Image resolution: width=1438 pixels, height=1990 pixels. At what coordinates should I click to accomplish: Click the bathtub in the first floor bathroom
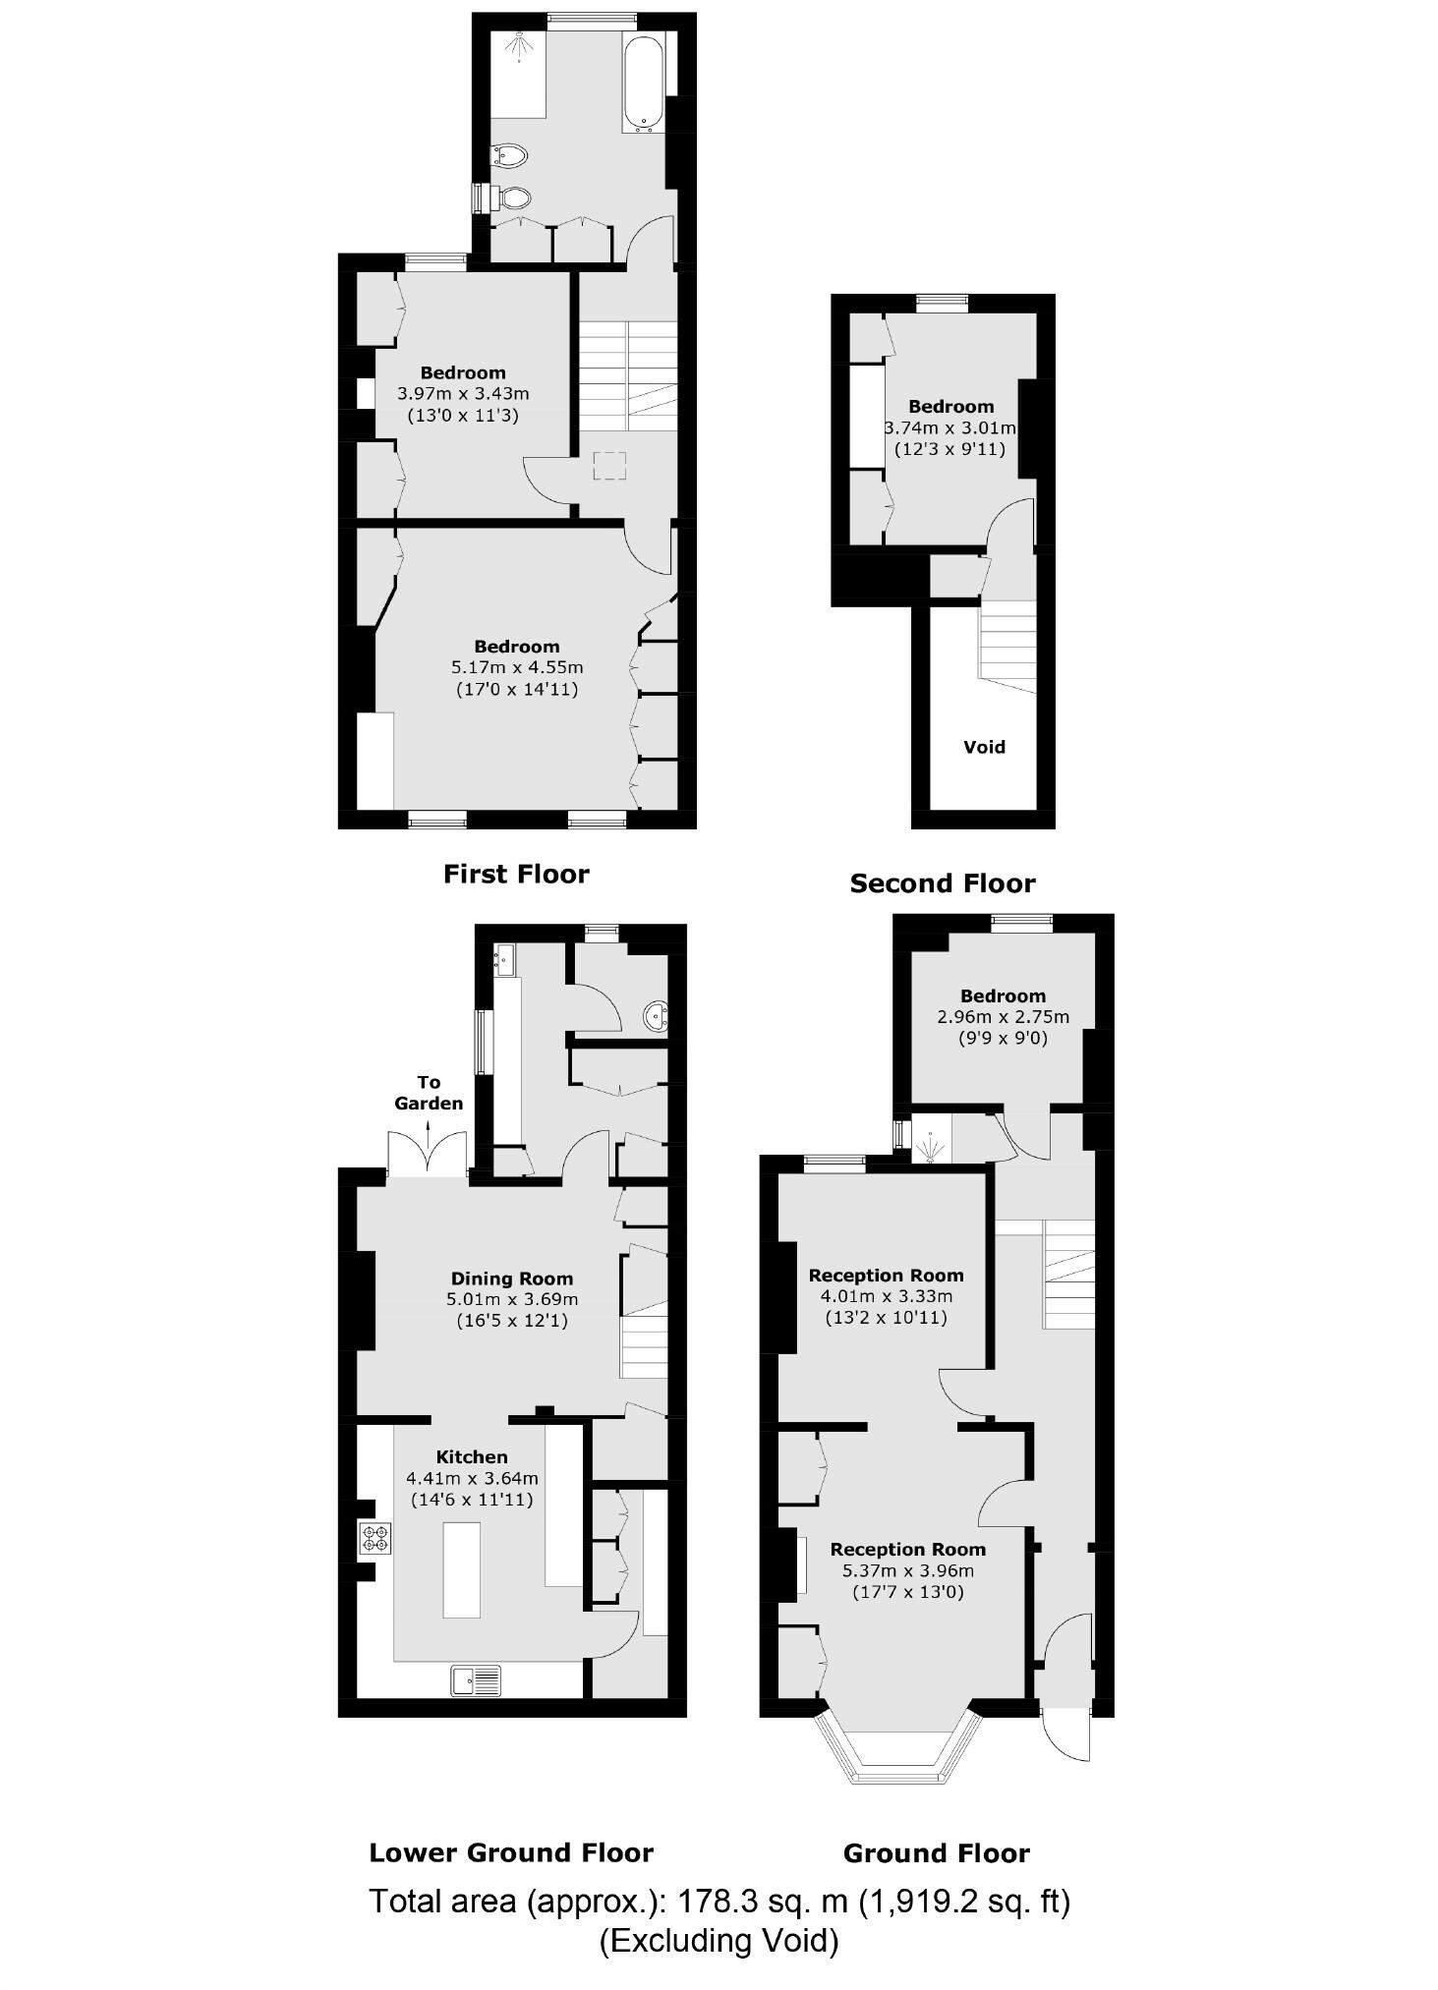pos(644,83)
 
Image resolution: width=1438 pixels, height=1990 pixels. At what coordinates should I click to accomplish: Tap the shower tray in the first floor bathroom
pos(518,75)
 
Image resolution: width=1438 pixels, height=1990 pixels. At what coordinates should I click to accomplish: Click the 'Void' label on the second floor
pos(984,747)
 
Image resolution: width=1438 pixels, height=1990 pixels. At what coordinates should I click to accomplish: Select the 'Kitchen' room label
pos(472,1457)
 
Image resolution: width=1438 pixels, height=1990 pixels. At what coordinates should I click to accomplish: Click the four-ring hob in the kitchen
pos(375,1537)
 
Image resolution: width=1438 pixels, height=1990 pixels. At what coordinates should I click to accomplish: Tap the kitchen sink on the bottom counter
pos(476,1679)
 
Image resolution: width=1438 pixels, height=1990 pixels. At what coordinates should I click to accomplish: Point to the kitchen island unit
pos(462,1568)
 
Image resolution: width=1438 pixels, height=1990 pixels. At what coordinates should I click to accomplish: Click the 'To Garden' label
pos(429,1093)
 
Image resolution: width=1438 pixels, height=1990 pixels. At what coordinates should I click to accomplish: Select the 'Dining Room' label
pos(511,1279)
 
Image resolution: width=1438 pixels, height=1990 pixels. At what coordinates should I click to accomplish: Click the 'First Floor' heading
pos(516,874)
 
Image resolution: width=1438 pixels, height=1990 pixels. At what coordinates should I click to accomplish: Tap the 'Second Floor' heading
pos(942,883)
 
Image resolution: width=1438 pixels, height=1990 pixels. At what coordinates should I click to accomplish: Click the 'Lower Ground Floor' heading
pos(510,1853)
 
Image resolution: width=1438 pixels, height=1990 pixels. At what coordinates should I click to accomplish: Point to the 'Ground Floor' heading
pos(936,1854)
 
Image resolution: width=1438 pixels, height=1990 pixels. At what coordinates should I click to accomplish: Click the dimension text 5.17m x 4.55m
pos(516,667)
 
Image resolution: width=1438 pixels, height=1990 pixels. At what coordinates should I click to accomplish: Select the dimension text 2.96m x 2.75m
pos(1003,1017)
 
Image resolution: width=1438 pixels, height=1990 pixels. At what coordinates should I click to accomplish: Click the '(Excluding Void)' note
pos(719,1941)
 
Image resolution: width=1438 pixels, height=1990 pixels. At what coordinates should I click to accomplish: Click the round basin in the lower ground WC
pos(655,1017)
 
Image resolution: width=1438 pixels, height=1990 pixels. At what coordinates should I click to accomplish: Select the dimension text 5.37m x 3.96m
pos(907,1570)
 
